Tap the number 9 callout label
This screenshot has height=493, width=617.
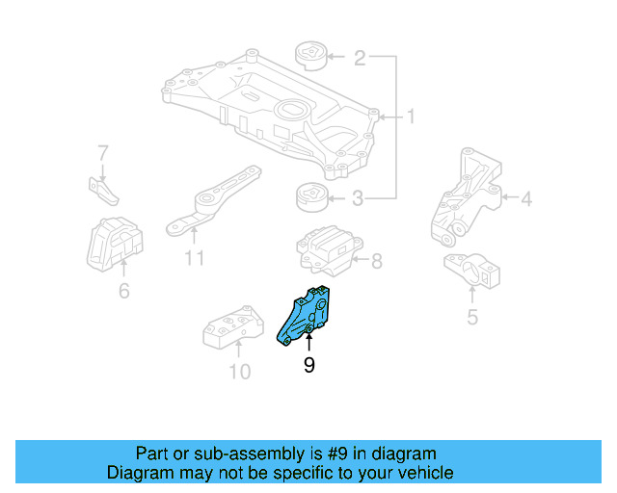click(x=308, y=365)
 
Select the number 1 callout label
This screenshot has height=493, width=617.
click(x=410, y=117)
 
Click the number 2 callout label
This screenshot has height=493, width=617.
click(x=359, y=59)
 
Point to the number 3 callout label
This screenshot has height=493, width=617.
click(x=359, y=200)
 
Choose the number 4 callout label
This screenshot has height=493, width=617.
click(x=525, y=200)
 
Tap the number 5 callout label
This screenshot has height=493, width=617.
click(x=471, y=315)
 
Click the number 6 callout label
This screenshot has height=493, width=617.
click(x=123, y=289)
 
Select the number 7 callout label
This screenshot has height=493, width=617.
click(x=102, y=153)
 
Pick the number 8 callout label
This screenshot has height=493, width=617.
click(x=376, y=259)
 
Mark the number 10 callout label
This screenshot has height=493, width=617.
click(x=238, y=371)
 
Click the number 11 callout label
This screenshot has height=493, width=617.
click(x=195, y=258)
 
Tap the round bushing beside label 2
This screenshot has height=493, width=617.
click(x=310, y=55)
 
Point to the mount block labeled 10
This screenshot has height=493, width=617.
click(x=231, y=331)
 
